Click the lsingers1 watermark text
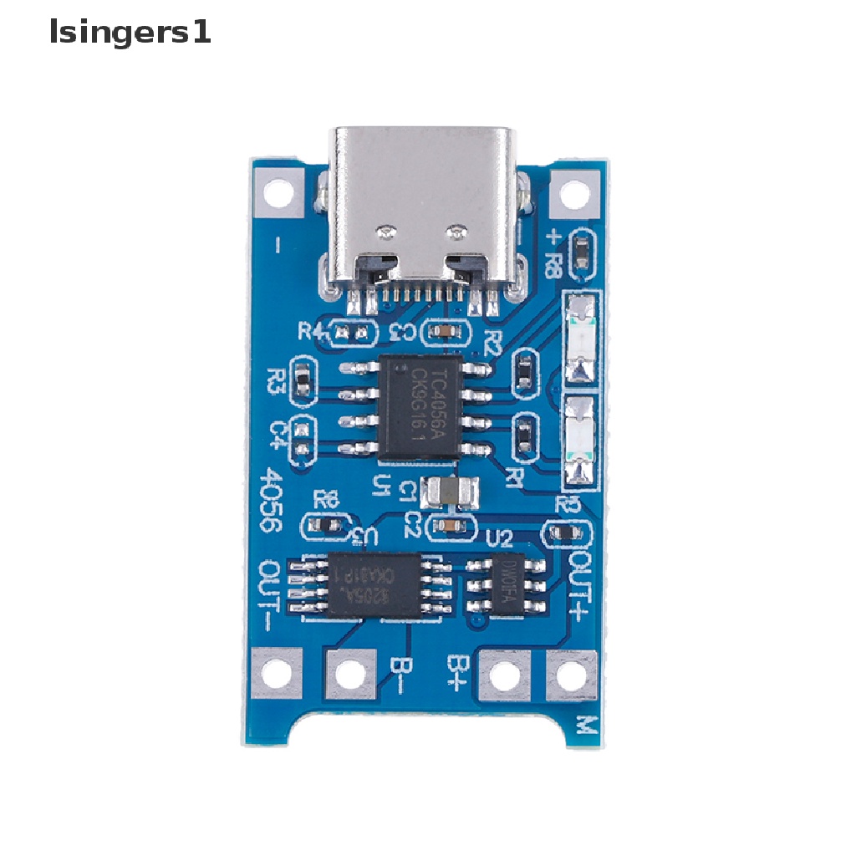point(130,33)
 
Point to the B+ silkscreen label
point(458,674)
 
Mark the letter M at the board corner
point(588,723)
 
